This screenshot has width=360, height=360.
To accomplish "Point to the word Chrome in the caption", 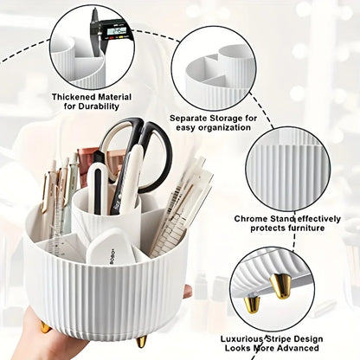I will click(254, 218).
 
